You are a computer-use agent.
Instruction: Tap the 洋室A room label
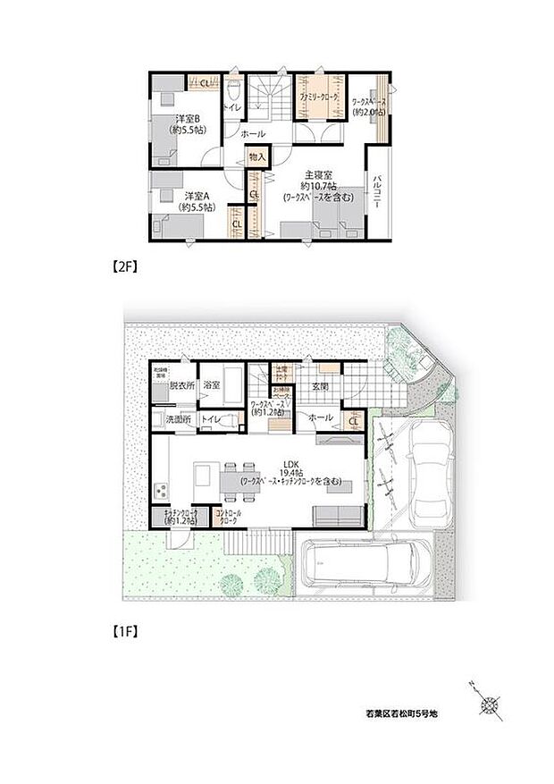point(196,196)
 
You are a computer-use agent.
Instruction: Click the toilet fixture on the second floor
point(234,89)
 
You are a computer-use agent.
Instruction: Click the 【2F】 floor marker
point(122,266)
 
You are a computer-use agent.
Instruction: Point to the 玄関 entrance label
point(322,385)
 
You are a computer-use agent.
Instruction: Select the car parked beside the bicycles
point(425,473)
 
